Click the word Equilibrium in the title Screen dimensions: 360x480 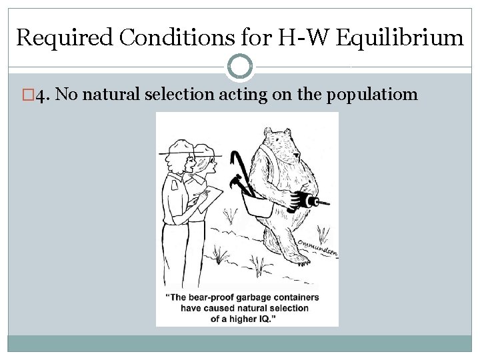click(399, 37)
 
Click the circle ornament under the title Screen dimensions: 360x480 click(240, 66)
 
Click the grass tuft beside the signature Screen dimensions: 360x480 click(323, 233)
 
